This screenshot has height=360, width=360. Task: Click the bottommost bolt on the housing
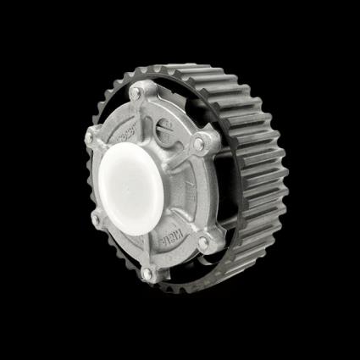(149, 273)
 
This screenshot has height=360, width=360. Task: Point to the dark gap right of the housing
(222, 191)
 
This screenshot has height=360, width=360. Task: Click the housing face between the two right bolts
(203, 191)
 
